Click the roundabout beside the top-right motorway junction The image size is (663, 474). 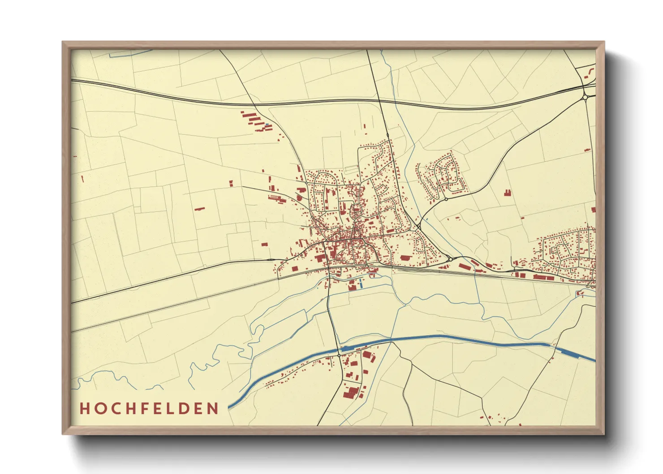(585, 97)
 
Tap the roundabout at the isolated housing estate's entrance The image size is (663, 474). (446, 199)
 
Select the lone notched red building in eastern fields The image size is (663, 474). (508, 193)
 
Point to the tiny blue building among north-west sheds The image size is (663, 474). (267, 124)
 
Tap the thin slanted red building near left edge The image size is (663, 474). (82, 179)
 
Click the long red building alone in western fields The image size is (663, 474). (199, 208)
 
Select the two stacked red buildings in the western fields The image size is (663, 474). (231, 183)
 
